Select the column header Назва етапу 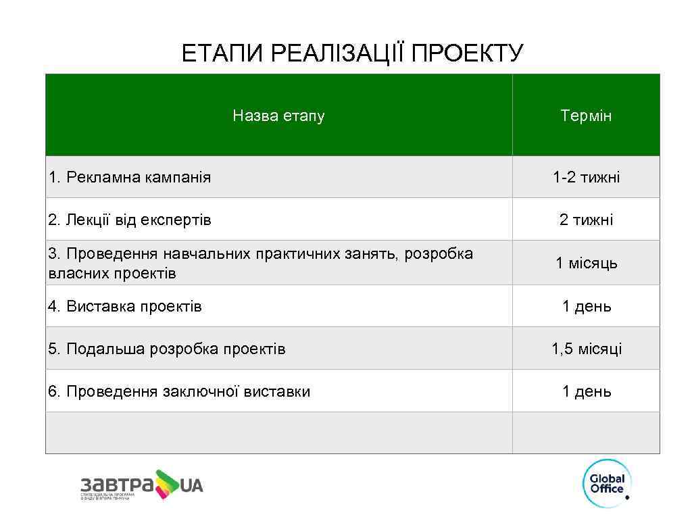278,116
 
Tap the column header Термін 586,116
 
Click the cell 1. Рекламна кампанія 130,178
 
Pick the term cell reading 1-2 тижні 586,178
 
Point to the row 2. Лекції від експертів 130,220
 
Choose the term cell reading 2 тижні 586,220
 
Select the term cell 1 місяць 586,263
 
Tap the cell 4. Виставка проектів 125,307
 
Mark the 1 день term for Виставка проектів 586,307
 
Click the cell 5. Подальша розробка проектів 167,349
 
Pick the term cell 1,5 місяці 586,349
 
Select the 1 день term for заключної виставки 586,392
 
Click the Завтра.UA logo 141,485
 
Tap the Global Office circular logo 606,481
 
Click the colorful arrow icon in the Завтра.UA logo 167,483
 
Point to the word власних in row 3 74,273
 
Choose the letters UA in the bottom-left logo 192,485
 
